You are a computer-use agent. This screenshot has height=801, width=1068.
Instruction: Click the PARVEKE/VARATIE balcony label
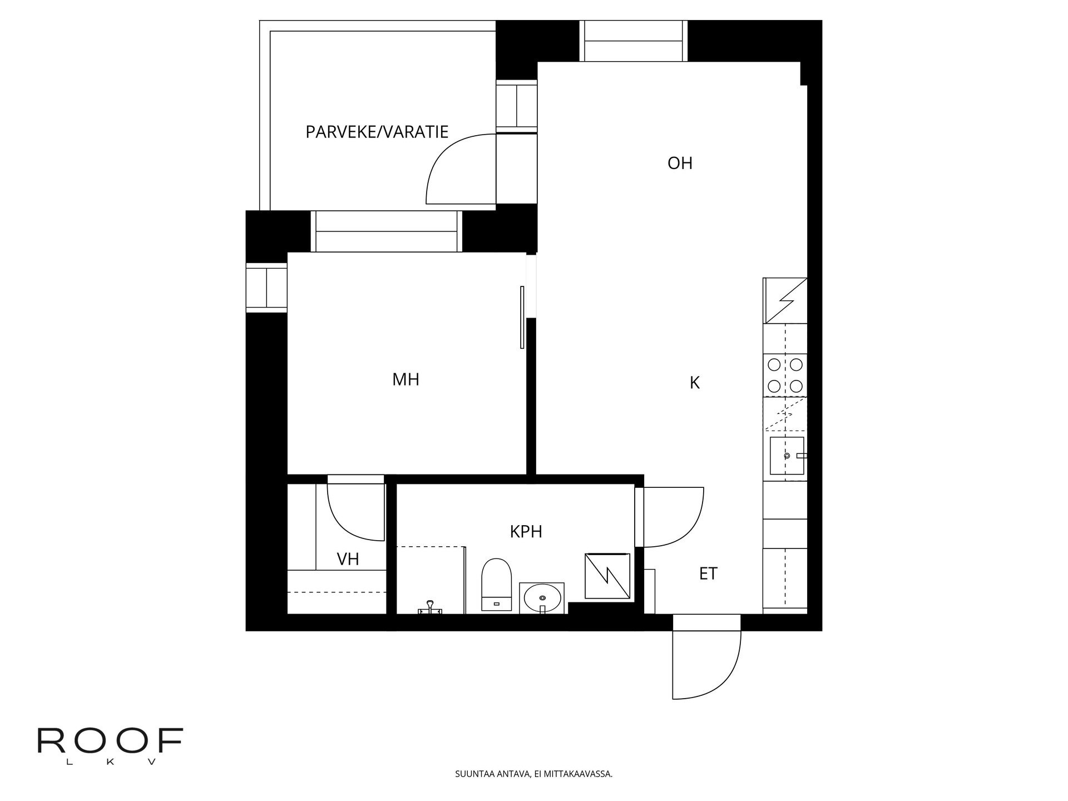tap(377, 132)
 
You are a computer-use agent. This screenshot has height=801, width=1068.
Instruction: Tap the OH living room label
tap(680, 164)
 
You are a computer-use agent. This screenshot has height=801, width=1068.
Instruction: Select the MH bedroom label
tap(406, 380)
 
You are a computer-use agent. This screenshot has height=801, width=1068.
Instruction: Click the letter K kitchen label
tap(694, 383)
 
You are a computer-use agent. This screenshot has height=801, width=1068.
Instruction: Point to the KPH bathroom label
tap(526, 532)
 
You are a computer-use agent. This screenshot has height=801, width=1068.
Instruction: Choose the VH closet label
tap(348, 559)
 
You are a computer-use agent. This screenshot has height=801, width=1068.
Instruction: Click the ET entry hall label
tap(708, 573)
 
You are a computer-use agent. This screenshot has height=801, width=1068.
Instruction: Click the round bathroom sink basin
tap(542, 597)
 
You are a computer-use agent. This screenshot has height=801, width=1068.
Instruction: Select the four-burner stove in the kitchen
tap(785, 375)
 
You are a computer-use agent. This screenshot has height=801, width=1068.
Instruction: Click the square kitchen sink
tap(787, 456)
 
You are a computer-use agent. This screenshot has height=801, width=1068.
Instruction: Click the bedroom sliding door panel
tap(522, 317)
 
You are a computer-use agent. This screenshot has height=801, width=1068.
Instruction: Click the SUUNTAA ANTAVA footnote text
tap(533, 774)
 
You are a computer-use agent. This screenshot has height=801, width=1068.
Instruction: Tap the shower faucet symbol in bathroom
tap(429, 607)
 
